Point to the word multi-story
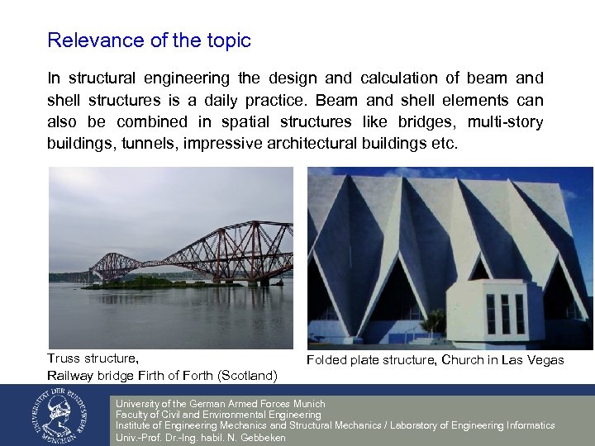click(505, 121)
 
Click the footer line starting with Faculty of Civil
click(218, 415)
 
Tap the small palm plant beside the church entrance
click(435, 320)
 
